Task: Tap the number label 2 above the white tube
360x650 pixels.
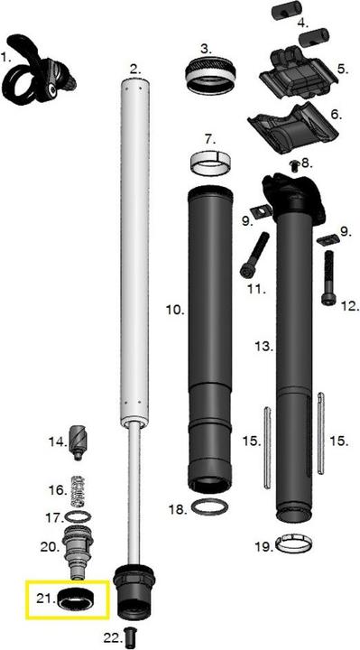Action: pyautogui.click(x=135, y=69)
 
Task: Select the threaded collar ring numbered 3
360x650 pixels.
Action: pyautogui.click(x=210, y=76)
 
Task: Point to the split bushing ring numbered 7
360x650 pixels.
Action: pyautogui.click(x=210, y=163)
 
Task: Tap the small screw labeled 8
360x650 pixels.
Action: pyautogui.click(x=295, y=166)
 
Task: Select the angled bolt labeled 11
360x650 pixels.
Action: pyautogui.click(x=254, y=255)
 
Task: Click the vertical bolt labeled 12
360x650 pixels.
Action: pyautogui.click(x=329, y=278)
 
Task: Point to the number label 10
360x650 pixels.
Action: pyautogui.click(x=175, y=310)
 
